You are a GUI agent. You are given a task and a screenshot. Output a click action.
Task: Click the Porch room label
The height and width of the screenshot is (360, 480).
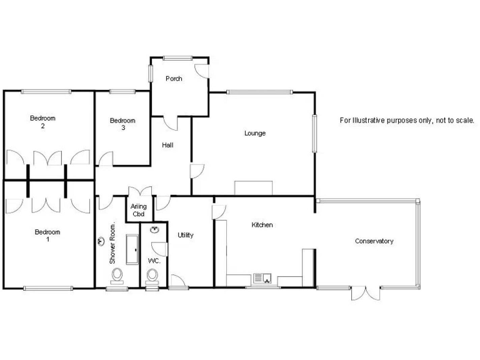(x=174, y=79)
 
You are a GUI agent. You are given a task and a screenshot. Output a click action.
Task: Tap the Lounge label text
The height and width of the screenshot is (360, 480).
(x=255, y=133)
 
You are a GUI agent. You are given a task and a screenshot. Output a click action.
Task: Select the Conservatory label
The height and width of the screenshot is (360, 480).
(x=374, y=241)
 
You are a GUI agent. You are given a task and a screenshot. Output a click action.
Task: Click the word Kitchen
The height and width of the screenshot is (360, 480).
(x=262, y=225)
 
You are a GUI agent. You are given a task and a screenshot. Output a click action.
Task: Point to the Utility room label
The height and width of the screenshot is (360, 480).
(x=186, y=235)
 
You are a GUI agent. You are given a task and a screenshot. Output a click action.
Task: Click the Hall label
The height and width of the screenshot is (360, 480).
(x=167, y=145)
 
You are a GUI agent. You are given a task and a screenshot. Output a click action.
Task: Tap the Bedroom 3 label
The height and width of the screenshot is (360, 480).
(x=122, y=124)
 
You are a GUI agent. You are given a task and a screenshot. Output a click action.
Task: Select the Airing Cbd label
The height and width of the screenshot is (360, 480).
(x=139, y=210)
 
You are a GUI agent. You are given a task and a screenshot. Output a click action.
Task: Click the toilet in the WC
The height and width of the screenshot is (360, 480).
(x=152, y=276)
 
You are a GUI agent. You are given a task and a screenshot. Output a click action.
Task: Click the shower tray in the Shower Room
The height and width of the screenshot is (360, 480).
(x=132, y=249)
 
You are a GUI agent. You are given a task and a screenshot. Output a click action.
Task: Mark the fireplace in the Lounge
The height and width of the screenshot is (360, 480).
(x=254, y=187)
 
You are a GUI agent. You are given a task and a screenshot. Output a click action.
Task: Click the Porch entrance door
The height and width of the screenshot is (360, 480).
(x=201, y=70)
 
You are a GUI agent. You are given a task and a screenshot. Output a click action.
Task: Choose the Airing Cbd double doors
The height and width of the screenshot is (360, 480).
(x=139, y=192)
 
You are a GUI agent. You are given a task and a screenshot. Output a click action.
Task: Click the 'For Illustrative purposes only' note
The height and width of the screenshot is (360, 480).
(x=407, y=120)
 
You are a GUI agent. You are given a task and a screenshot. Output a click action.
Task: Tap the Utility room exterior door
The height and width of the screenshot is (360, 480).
(x=177, y=282)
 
